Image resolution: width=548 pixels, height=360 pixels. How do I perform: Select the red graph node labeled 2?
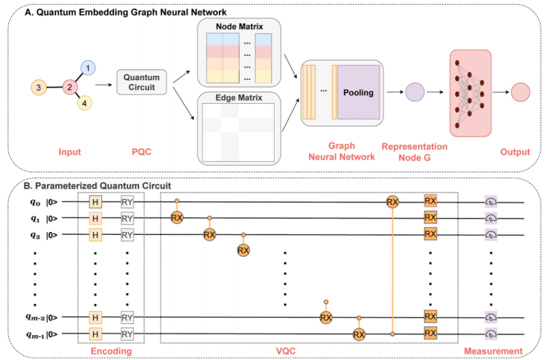click(69, 87)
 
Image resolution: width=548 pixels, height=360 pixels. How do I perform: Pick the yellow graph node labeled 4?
click(85, 103)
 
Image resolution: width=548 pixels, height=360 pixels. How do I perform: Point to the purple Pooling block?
click(358, 93)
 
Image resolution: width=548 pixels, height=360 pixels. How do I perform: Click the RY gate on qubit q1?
click(127, 219)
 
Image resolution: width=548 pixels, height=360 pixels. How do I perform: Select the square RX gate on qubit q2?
click(430, 235)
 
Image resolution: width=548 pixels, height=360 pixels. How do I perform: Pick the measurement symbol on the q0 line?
click(491, 202)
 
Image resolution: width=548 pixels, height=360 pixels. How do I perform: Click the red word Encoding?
click(111, 351)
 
